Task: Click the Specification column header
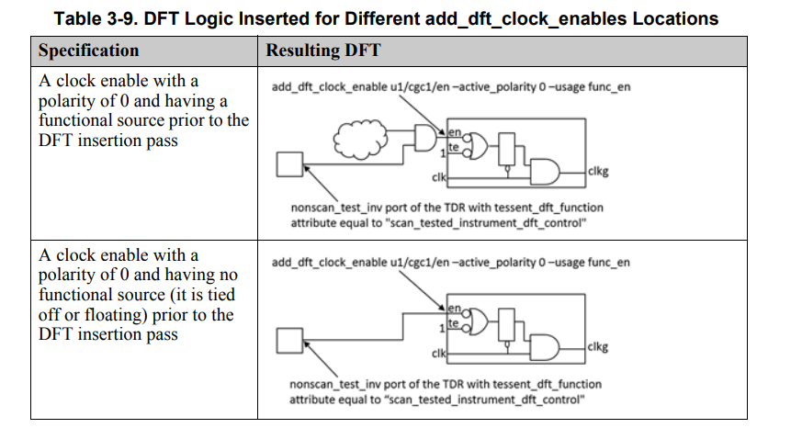coord(89,51)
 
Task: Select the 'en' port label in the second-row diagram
coord(453,309)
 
